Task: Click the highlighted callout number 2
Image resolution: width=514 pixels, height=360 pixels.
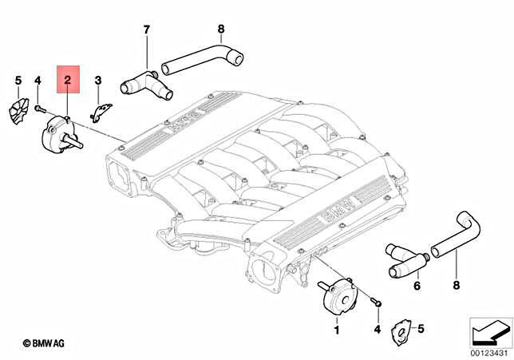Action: tap(68, 80)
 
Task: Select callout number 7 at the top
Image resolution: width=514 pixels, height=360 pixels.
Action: tap(147, 30)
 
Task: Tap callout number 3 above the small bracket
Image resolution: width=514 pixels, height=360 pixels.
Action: tap(98, 80)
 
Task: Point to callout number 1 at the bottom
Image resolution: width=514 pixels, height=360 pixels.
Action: tap(336, 329)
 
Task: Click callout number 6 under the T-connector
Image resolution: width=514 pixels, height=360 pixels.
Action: tap(416, 285)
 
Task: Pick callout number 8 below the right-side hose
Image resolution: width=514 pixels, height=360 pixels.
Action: tap(457, 285)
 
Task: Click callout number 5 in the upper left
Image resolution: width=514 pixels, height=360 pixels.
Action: tap(18, 80)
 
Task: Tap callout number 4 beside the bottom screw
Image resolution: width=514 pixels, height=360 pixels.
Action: tap(378, 329)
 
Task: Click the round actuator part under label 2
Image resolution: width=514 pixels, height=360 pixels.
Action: tap(57, 133)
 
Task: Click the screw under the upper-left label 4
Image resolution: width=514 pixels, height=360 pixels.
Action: tap(38, 106)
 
